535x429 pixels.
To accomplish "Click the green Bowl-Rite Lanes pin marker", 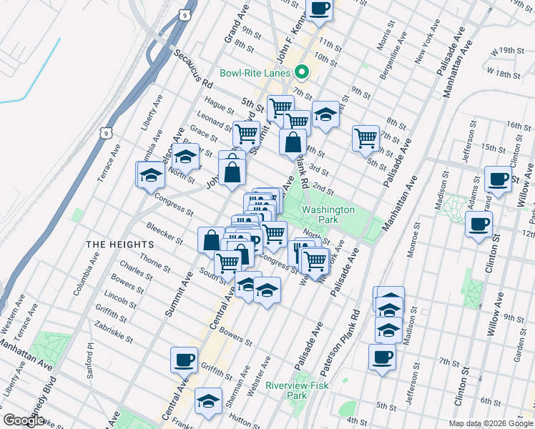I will click(x=301, y=72).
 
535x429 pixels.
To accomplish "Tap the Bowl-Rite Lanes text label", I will click(x=255, y=73).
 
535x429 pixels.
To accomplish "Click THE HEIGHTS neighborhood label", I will click(x=112, y=245).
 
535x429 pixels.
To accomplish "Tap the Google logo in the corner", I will click(x=24, y=420).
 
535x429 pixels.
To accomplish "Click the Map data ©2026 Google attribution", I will click(x=490, y=423).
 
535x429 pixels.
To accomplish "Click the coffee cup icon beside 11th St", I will click(x=320, y=9).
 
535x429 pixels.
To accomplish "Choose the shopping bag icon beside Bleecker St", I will click(x=211, y=240).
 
